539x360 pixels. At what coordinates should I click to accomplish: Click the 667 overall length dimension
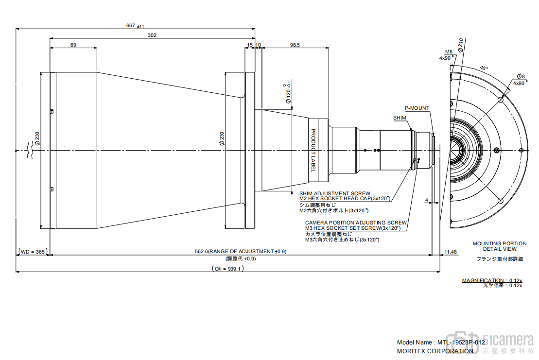pyautogui.click(x=135, y=25)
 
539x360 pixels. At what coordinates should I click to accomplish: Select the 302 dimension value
pyautogui.click(x=152, y=35)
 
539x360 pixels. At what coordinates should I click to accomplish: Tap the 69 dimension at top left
pyautogui.click(x=73, y=45)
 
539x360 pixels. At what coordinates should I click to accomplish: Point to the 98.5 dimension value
pyautogui.click(x=295, y=45)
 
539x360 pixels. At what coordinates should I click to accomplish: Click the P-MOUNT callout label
pyautogui.click(x=417, y=108)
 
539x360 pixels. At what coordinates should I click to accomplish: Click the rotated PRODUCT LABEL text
pyautogui.click(x=313, y=150)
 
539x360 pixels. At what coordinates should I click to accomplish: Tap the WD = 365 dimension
pyautogui.click(x=33, y=252)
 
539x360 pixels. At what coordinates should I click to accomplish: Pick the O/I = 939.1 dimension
pyautogui.click(x=228, y=268)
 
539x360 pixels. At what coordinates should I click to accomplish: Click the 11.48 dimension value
pyautogui.click(x=451, y=252)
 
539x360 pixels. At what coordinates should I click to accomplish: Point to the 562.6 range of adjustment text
pyautogui.click(x=241, y=252)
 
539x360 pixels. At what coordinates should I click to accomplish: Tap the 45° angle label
pyautogui.click(x=484, y=69)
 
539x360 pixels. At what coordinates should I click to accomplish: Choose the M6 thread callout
pyautogui.click(x=449, y=51)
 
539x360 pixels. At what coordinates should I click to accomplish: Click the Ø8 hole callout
pyautogui.click(x=521, y=77)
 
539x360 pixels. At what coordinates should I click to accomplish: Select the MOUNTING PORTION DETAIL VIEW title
pyautogui.click(x=500, y=246)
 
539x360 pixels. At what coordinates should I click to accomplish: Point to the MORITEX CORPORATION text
pyautogui.click(x=435, y=351)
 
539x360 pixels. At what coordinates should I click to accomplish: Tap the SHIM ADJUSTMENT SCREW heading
pyautogui.click(x=334, y=193)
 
